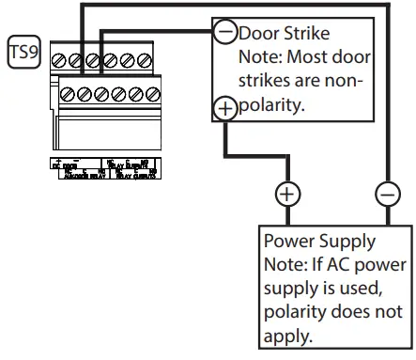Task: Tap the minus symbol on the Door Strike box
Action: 225,32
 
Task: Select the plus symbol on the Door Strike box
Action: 225,108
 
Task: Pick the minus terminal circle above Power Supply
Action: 387,195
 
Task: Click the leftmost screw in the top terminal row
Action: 58,60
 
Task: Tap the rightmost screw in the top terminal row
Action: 145,60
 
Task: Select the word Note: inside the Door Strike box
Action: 263,57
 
